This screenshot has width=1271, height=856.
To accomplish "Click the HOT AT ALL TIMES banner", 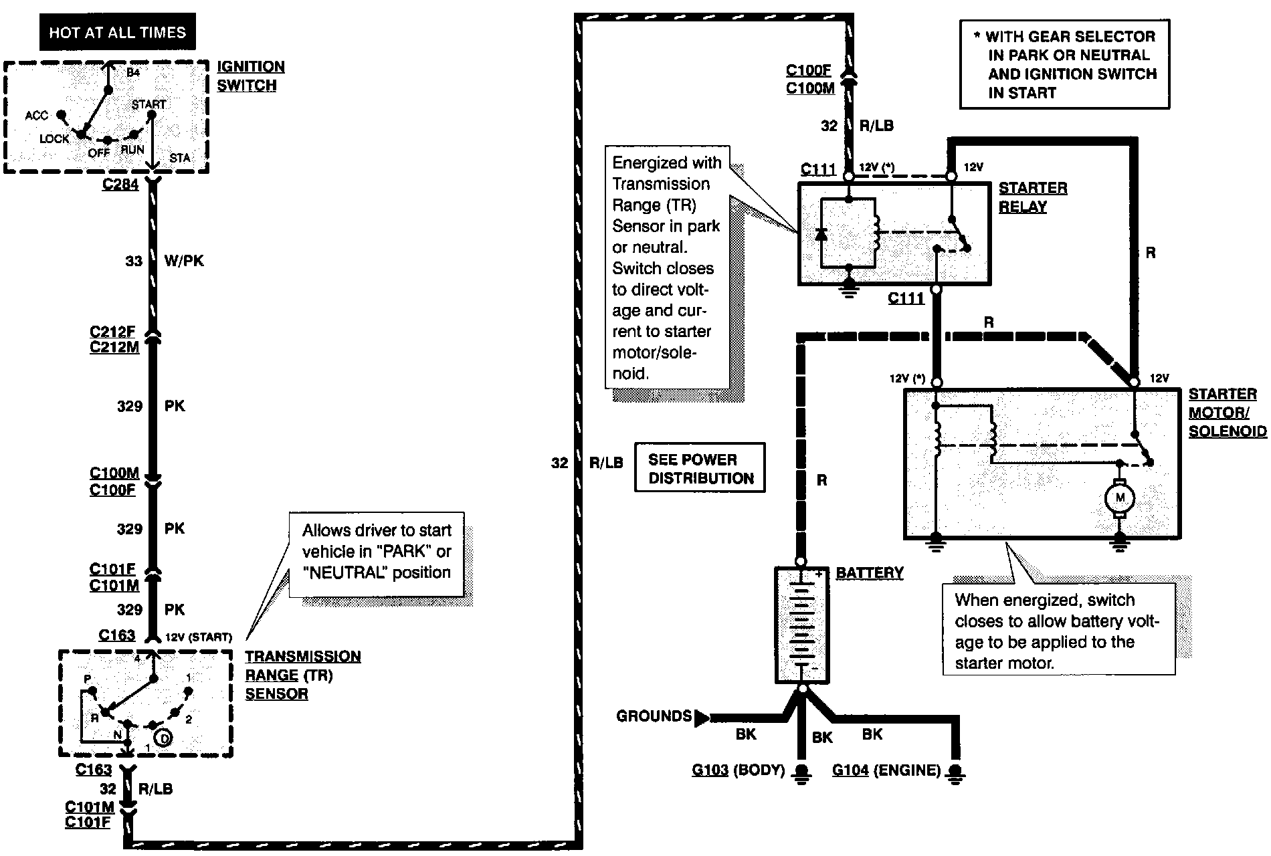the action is [118, 32].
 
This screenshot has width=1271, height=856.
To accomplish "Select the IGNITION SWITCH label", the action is [251, 76].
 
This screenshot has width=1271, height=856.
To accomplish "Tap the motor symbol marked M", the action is [1120, 498].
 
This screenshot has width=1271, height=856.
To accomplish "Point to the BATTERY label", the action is [870, 572].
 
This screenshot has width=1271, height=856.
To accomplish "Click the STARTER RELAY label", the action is [1033, 197].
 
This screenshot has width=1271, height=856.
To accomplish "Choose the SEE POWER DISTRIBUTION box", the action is [700, 468].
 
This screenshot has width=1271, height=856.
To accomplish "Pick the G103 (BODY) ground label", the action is [738, 770].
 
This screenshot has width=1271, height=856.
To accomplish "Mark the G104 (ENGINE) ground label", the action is [886, 770].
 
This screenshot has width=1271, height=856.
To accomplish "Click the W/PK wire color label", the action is [184, 261].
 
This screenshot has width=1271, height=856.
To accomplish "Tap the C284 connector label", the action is [120, 184].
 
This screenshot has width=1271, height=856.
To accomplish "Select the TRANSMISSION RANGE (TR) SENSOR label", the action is [303, 675].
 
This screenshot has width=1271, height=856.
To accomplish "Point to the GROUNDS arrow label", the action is [654, 716].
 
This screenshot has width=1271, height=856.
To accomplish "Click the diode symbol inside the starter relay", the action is [821, 234].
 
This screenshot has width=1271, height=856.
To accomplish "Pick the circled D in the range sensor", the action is [163, 738].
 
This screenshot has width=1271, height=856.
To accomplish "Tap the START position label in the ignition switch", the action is [149, 104].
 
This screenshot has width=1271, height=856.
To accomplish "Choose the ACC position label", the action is [37, 116].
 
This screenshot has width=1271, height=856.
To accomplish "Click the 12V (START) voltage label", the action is [198, 637].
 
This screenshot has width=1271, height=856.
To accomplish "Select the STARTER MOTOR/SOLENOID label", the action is [1228, 413].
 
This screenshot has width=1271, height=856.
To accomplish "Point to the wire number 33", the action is [134, 261].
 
